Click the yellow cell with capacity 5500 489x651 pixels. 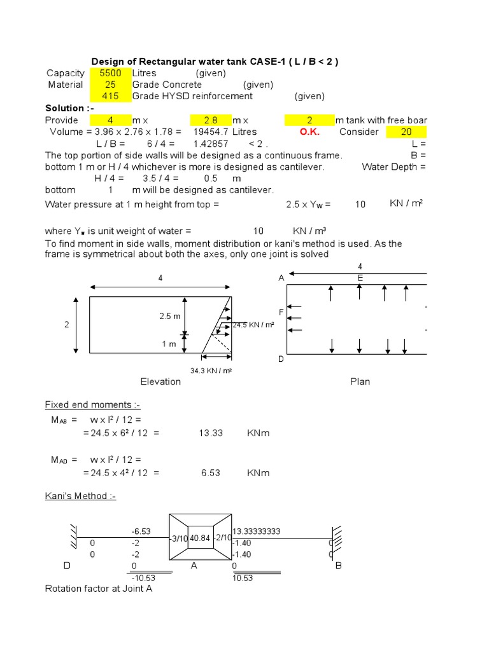[x=110, y=73]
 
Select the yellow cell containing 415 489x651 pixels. [x=110, y=97]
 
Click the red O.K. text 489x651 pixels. [x=309, y=132]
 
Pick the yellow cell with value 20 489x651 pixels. [x=406, y=132]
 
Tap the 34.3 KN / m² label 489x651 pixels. [x=211, y=370]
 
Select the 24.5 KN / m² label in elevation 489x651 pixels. [x=253, y=325]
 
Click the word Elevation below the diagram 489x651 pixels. [x=160, y=381]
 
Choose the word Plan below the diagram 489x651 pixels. [x=360, y=381]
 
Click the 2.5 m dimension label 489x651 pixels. [x=170, y=317]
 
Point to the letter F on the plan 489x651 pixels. [x=281, y=312]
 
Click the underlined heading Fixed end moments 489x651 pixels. [x=92, y=405]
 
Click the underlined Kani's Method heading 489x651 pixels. [x=80, y=497]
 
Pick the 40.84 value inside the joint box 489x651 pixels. [x=200, y=538]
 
